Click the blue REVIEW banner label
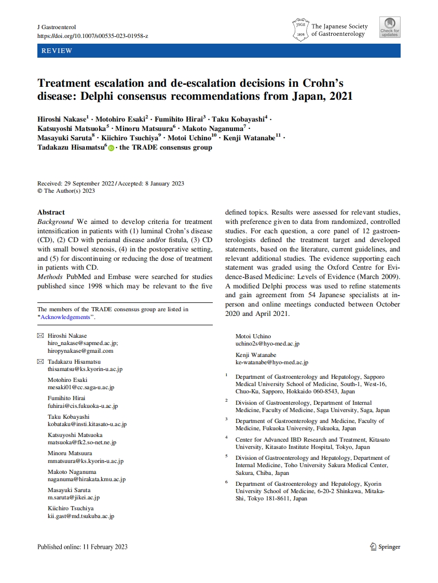coord(55,51)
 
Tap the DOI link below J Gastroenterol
coord(93,35)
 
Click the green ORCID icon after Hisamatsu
coord(111,148)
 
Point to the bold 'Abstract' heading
coord(51,212)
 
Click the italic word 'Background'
coord(56,221)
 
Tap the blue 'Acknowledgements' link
coord(65,317)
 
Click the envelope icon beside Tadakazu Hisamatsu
coord(40,362)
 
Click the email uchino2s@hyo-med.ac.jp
coord(267,343)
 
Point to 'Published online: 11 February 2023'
coord(83,547)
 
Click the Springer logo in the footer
coord(385,547)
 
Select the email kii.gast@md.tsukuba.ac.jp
coord(81,516)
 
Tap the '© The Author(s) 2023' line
coord(66,191)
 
